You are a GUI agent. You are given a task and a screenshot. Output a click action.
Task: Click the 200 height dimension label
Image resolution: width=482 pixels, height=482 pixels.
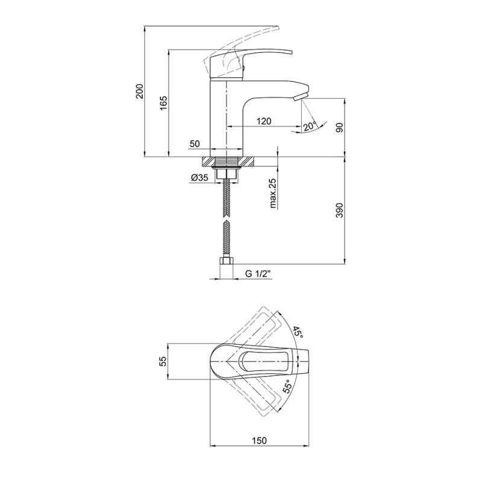(x=140, y=91)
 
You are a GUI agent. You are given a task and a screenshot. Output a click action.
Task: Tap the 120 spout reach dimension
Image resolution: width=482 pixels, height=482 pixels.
(x=264, y=122)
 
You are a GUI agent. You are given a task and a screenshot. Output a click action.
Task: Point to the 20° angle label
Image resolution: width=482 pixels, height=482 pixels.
(x=310, y=127)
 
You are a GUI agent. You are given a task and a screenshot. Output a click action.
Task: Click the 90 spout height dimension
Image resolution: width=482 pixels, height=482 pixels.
(x=339, y=127)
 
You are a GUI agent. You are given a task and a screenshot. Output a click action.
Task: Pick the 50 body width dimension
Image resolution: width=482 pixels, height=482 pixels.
(x=195, y=143)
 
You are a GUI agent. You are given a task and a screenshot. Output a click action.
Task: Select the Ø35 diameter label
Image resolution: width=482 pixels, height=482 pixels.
(x=199, y=177)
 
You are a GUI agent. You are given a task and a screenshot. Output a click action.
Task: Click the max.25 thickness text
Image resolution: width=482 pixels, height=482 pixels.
(x=273, y=193)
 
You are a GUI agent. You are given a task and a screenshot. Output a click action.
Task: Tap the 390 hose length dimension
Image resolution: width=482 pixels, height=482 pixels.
(x=339, y=210)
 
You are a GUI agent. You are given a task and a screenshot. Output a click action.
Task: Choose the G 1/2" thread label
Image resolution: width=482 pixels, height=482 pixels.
(x=258, y=274)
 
